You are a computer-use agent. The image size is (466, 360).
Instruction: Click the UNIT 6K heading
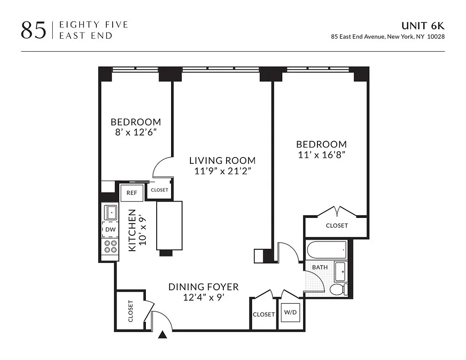(x=423, y=26)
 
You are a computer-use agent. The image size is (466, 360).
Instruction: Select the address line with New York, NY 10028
(x=388, y=37)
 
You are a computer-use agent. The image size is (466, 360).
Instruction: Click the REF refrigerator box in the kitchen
(x=131, y=193)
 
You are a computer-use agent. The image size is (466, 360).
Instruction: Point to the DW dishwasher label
(x=110, y=229)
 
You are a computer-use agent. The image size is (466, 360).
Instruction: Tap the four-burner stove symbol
(x=110, y=246)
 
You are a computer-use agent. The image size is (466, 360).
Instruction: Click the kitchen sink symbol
(x=110, y=212)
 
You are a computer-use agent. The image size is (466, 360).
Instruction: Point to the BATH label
(x=320, y=267)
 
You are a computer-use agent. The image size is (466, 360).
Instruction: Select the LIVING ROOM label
(x=222, y=161)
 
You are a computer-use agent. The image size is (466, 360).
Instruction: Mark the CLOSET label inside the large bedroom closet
(x=336, y=225)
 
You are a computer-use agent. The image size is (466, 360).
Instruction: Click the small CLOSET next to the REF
(x=159, y=190)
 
